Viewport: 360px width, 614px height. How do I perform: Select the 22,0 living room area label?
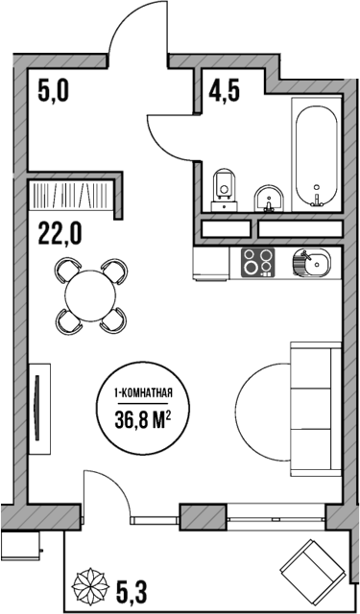coord(60,233)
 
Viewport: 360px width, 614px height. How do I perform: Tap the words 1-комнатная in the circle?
coord(143,392)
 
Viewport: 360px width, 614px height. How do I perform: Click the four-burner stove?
coord(256,262)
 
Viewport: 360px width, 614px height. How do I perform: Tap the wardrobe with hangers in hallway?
coord(72,199)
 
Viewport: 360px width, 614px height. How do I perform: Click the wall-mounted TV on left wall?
coord(36,405)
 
